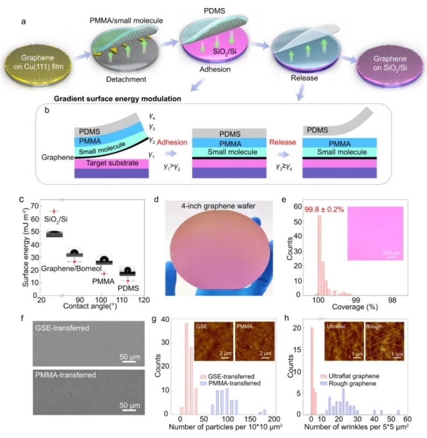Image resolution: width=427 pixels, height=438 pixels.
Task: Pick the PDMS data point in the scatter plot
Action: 127,280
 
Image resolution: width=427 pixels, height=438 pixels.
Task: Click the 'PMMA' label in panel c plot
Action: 99,282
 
